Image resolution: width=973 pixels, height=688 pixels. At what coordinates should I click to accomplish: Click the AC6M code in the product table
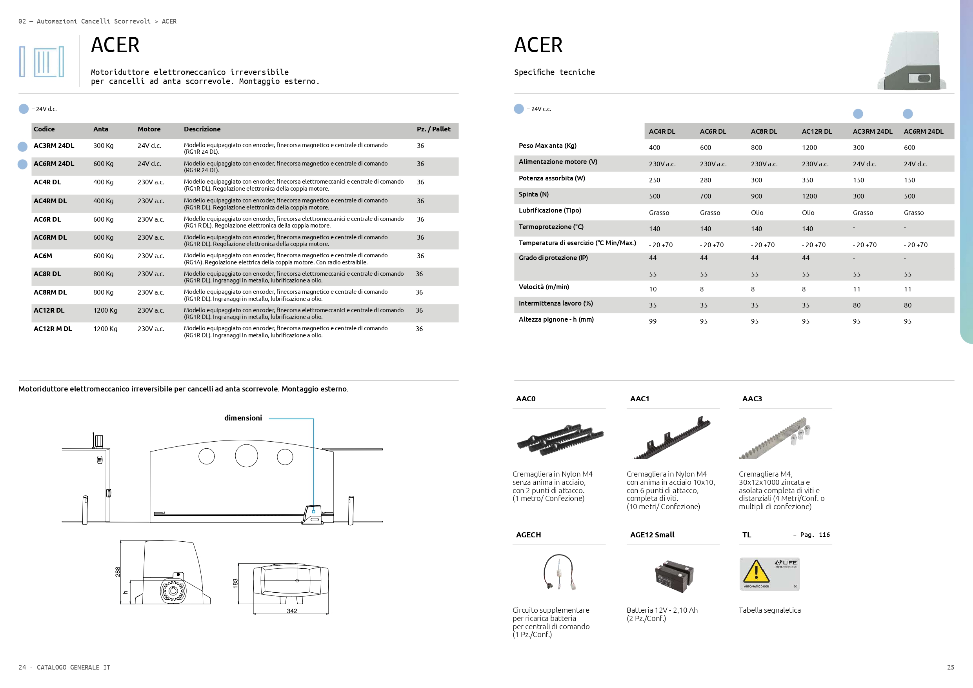(x=43, y=256)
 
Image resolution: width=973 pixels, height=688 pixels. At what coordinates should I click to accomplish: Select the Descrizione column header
(x=202, y=129)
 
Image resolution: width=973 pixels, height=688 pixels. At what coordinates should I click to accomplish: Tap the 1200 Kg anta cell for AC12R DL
(x=105, y=311)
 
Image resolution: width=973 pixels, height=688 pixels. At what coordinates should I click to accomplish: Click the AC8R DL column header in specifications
(x=764, y=131)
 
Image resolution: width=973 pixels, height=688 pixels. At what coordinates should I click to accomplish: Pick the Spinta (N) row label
(x=533, y=195)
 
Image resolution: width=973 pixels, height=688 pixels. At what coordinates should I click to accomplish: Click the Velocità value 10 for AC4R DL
(x=653, y=289)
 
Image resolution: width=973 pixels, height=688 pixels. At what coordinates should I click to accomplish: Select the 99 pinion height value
(x=653, y=322)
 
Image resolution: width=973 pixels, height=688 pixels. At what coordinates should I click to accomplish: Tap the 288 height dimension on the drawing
(x=118, y=572)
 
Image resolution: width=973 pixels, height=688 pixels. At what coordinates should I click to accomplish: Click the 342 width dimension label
(x=291, y=611)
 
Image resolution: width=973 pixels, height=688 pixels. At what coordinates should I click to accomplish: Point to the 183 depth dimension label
(x=235, y=584)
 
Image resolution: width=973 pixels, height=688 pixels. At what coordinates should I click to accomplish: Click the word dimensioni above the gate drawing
(x=243, y=418)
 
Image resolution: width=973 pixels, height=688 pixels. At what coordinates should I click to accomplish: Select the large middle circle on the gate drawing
(x=246, y=456)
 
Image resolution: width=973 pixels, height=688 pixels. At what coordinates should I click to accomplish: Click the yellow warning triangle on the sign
(x=756, y=572)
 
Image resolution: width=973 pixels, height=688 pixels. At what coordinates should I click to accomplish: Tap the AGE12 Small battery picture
(x=673, y=576)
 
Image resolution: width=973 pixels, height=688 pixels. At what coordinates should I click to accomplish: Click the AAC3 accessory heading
(x=752, y=399)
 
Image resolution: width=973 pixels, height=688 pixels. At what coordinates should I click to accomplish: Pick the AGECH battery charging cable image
(x=559, y=572)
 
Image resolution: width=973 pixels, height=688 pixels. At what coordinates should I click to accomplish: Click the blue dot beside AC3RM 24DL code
(x=23, y=147)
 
